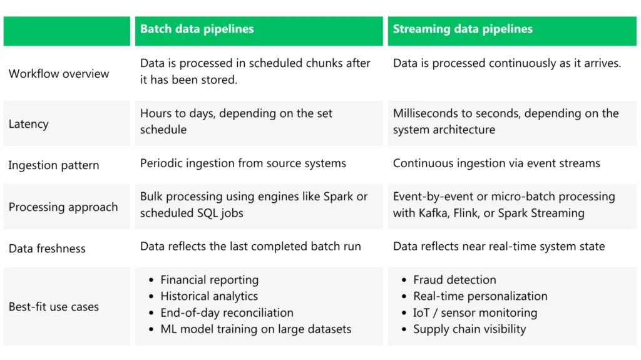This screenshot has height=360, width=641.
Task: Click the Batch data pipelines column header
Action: (x=197, y=29)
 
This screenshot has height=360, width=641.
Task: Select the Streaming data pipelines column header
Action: (x=463, y=29)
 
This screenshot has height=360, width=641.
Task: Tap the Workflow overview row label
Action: (x=59, y=73)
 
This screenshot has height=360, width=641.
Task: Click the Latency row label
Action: (x=28, y=124)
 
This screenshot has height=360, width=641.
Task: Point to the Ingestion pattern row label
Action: (x=54, y=165)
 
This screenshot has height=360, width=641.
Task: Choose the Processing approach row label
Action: (x=63, y=207)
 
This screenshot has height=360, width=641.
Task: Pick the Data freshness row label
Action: (x=47, y=248)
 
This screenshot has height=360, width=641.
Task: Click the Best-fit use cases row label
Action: (x=54, y=307)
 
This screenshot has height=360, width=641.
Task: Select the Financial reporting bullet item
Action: (x=209, y=280)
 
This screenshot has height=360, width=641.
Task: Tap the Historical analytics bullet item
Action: (x=209, y=296)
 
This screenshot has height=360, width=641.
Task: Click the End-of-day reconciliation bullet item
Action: (x=227, y=312)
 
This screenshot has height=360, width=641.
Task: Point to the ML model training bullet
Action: (x=255, y=329)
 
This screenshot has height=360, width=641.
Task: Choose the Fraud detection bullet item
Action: (x=454, y=280)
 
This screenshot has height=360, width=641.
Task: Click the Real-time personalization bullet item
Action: (x=480, y=296)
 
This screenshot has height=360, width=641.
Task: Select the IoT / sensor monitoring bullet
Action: (x=475, y=312)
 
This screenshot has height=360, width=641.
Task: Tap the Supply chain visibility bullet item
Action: (x=469, y=329)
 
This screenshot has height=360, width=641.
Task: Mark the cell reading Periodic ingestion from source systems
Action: (x=243, y=163)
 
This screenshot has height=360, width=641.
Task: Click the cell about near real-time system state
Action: (x=499, y=246)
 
